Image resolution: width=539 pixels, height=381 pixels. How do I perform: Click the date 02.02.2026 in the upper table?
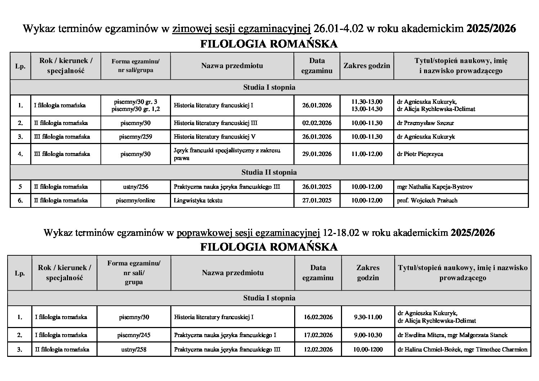tap(317, 123)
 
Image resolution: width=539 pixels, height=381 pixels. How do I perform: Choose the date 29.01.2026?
tap(317, 154)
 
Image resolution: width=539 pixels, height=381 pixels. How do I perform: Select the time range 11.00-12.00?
tap(367, 154)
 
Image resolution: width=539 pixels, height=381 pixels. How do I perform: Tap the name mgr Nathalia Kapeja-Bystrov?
tap(435, 187)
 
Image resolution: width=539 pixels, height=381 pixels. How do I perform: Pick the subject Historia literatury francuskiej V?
tap(215, 136)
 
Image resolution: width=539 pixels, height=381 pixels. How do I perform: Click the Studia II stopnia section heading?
tap(269, 172)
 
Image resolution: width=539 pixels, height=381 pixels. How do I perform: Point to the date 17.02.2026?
tap(318, 335)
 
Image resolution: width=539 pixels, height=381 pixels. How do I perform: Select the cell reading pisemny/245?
tap(134, 335)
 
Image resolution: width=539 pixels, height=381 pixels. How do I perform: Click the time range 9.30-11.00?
tap(368, 317)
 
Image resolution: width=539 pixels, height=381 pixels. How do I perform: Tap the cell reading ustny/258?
tap(134, 349)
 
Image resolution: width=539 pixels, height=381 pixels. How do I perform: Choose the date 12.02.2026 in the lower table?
tap(318, 349)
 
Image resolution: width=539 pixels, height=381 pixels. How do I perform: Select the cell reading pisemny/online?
tap(135, 200)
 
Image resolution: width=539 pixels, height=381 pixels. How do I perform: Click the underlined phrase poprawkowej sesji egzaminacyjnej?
tap(248, 233)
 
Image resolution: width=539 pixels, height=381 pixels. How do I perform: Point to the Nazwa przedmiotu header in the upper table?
tap(232, 66)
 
